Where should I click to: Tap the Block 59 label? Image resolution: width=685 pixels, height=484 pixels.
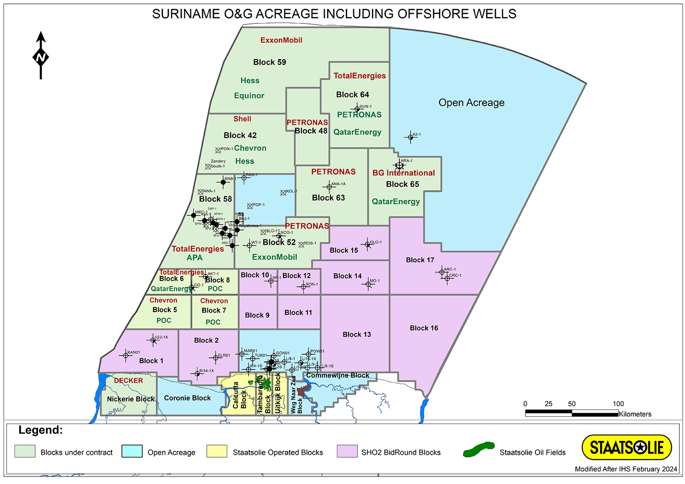pos(270,62)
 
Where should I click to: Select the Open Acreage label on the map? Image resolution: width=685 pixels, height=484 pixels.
pos(471,103)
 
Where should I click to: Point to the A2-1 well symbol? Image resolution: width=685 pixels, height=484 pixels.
pos(410,138)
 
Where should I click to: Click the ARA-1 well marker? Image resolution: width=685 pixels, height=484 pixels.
pos(400,165)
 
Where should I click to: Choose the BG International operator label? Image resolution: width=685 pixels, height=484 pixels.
pos(404,173)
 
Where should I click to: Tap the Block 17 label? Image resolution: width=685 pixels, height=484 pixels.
pos(420,260)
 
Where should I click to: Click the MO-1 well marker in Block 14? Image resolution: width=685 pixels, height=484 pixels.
pos(368,284)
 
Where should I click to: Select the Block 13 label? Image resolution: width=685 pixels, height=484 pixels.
pos(357,334)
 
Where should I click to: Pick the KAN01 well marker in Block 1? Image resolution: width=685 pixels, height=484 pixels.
pos(126,356)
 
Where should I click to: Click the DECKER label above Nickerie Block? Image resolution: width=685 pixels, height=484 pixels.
pos(128,380)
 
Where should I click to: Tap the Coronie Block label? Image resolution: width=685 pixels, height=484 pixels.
pos(187,398)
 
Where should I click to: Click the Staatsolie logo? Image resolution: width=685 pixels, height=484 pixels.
pos(626,447)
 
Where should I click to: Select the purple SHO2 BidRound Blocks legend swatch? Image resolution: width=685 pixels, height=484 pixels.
pos(347,451)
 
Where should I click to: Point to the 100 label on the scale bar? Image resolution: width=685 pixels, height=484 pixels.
pos(618,404)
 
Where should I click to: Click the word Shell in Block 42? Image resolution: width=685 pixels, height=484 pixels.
pos(242,119)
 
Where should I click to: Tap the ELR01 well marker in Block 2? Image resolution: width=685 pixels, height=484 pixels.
pos(215,358)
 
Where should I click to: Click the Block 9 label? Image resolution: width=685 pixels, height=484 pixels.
pos(257,315)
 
